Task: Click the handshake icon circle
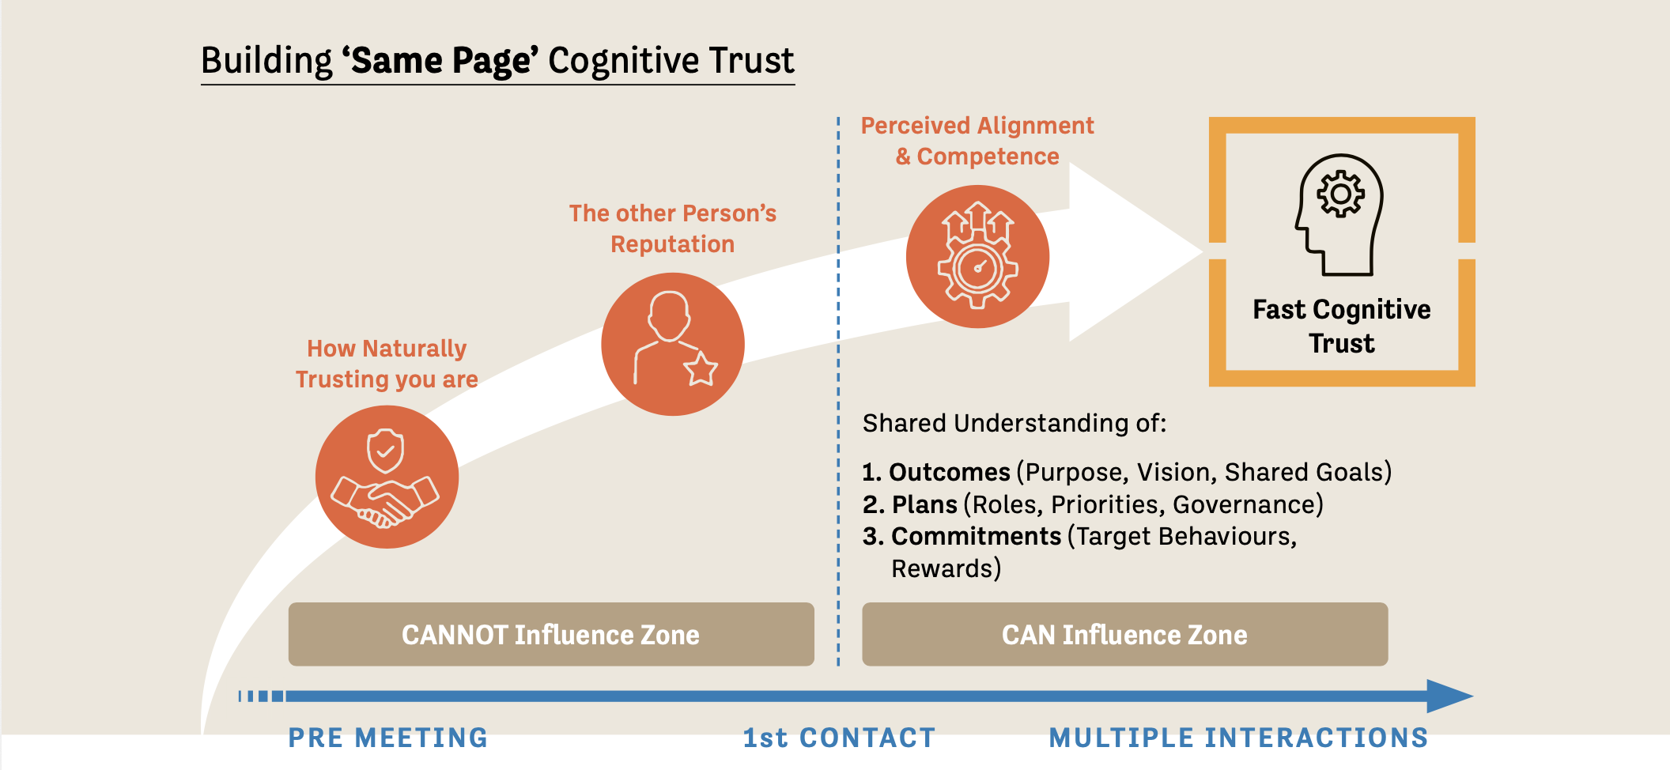coord(387,477)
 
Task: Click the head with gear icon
coord(1339,214)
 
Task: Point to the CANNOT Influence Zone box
coord(551,634)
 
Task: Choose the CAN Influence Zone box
coord(1124,634)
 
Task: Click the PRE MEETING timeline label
coord(387,738)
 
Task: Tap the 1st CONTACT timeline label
coord(839,738)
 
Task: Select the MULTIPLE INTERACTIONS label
coord(1238,738)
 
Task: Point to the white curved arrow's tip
coord(1203,252)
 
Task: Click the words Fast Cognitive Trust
coord(1342,326)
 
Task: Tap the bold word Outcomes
coord(950,472)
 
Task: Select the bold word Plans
coord(924,504)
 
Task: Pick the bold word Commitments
coord(976,536)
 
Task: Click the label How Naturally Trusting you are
coord(387,364)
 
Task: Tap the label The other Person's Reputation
coord(673,228)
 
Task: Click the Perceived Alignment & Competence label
coord(977,141)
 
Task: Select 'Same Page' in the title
coord(440,61)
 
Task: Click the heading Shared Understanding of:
coord(1014,423)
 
